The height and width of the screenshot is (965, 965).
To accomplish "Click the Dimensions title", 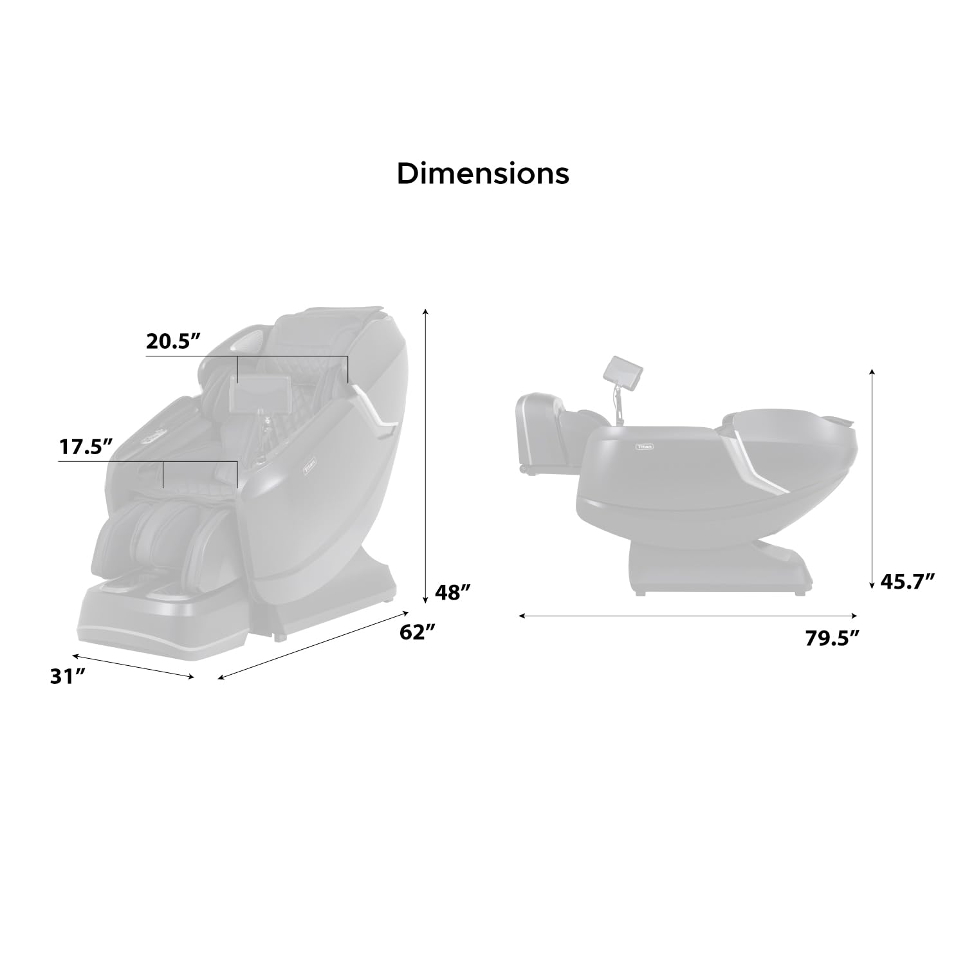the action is coord(482,174).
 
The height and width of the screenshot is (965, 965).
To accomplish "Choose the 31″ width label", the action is coord(68,677).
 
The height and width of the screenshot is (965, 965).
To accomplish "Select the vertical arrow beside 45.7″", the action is coord(872,479).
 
